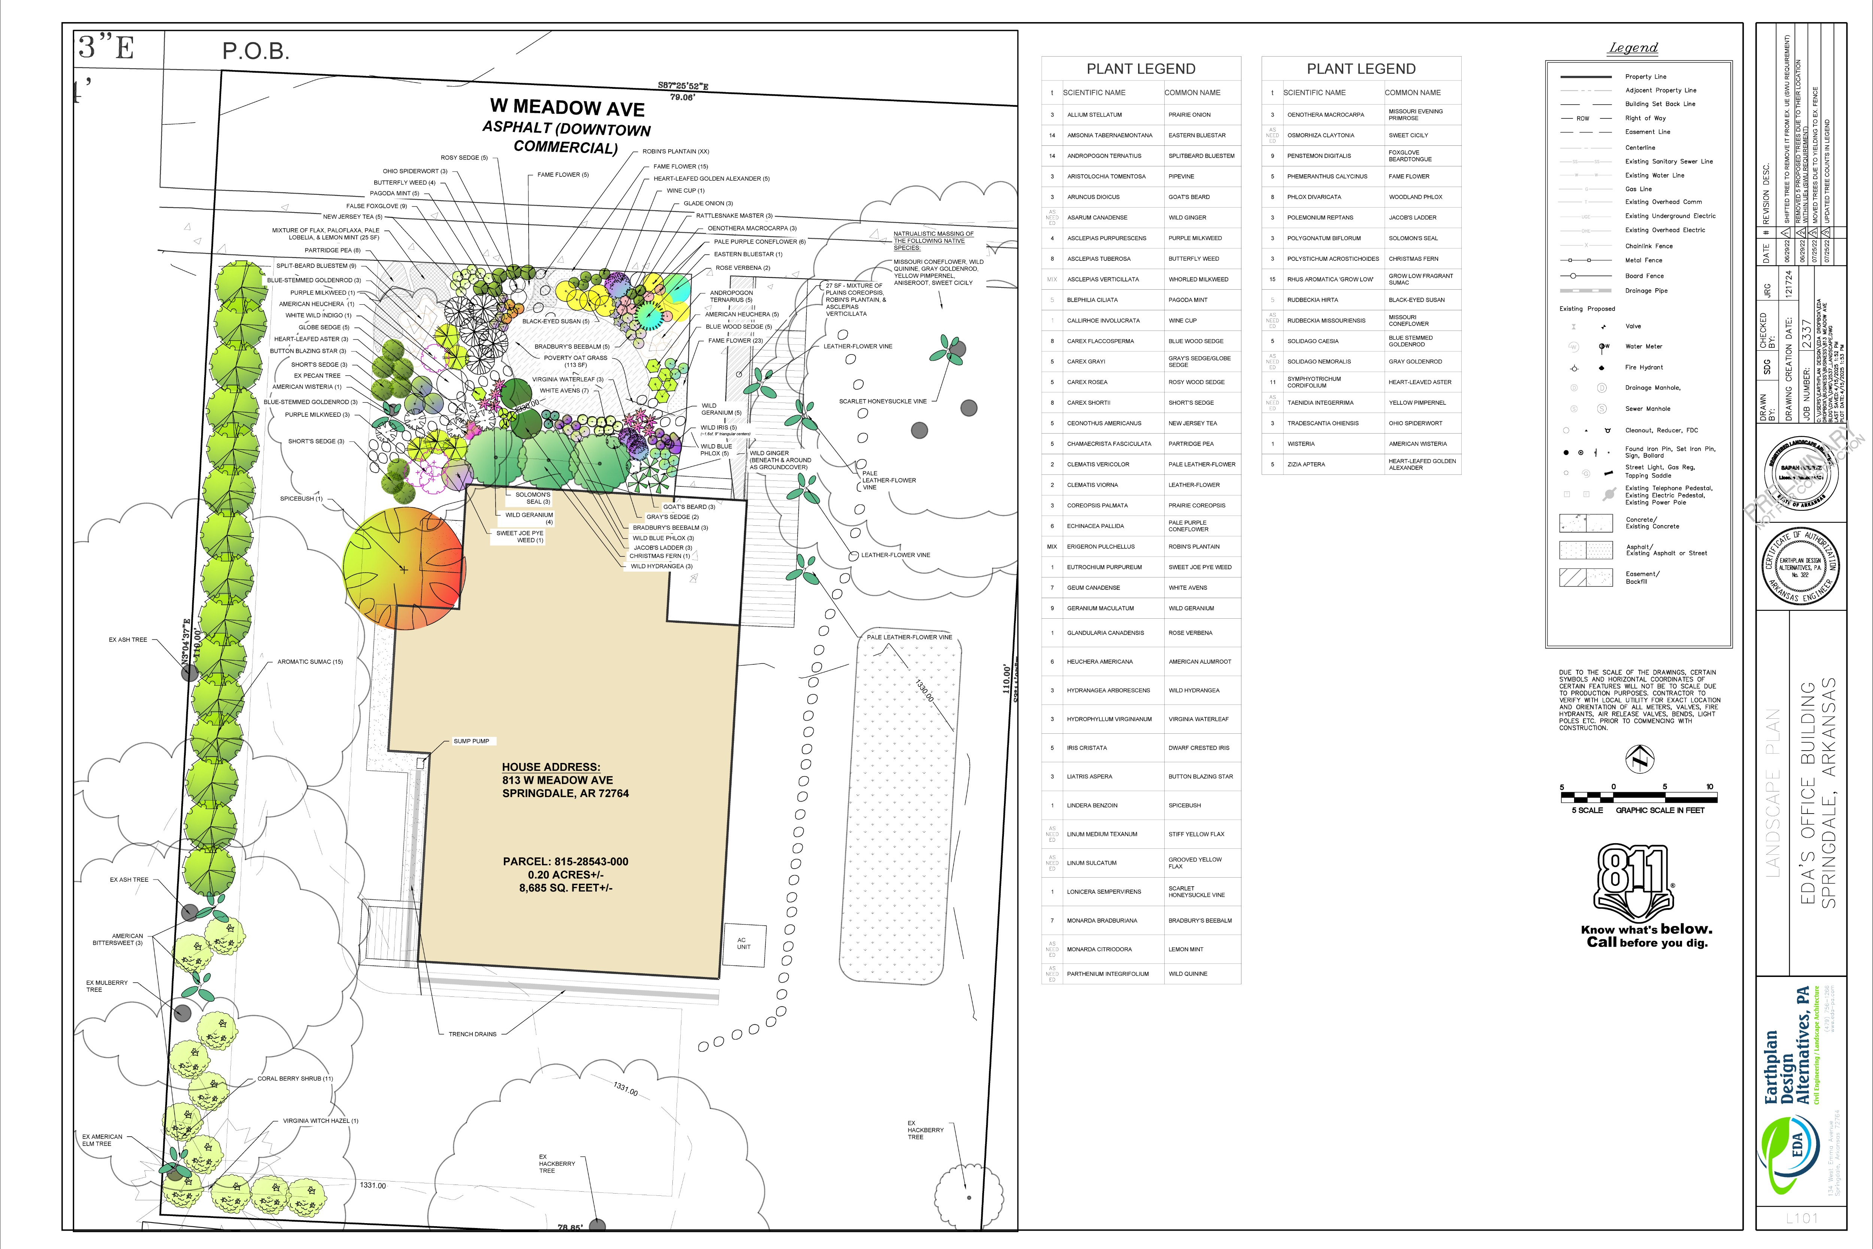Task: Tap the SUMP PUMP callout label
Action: tap(472, 741)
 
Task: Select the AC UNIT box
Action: tap(744, 944)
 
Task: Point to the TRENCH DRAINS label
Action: tap(472, 1034)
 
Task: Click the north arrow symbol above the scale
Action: tap(1640, 759)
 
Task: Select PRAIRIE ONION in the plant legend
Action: tap(1189, 115)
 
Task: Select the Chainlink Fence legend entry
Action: tap(1649, 246)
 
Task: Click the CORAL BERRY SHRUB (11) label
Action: tap(295, 1078)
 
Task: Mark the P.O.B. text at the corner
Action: tap(255, 52)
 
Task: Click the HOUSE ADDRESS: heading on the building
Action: tap(551, 767)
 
